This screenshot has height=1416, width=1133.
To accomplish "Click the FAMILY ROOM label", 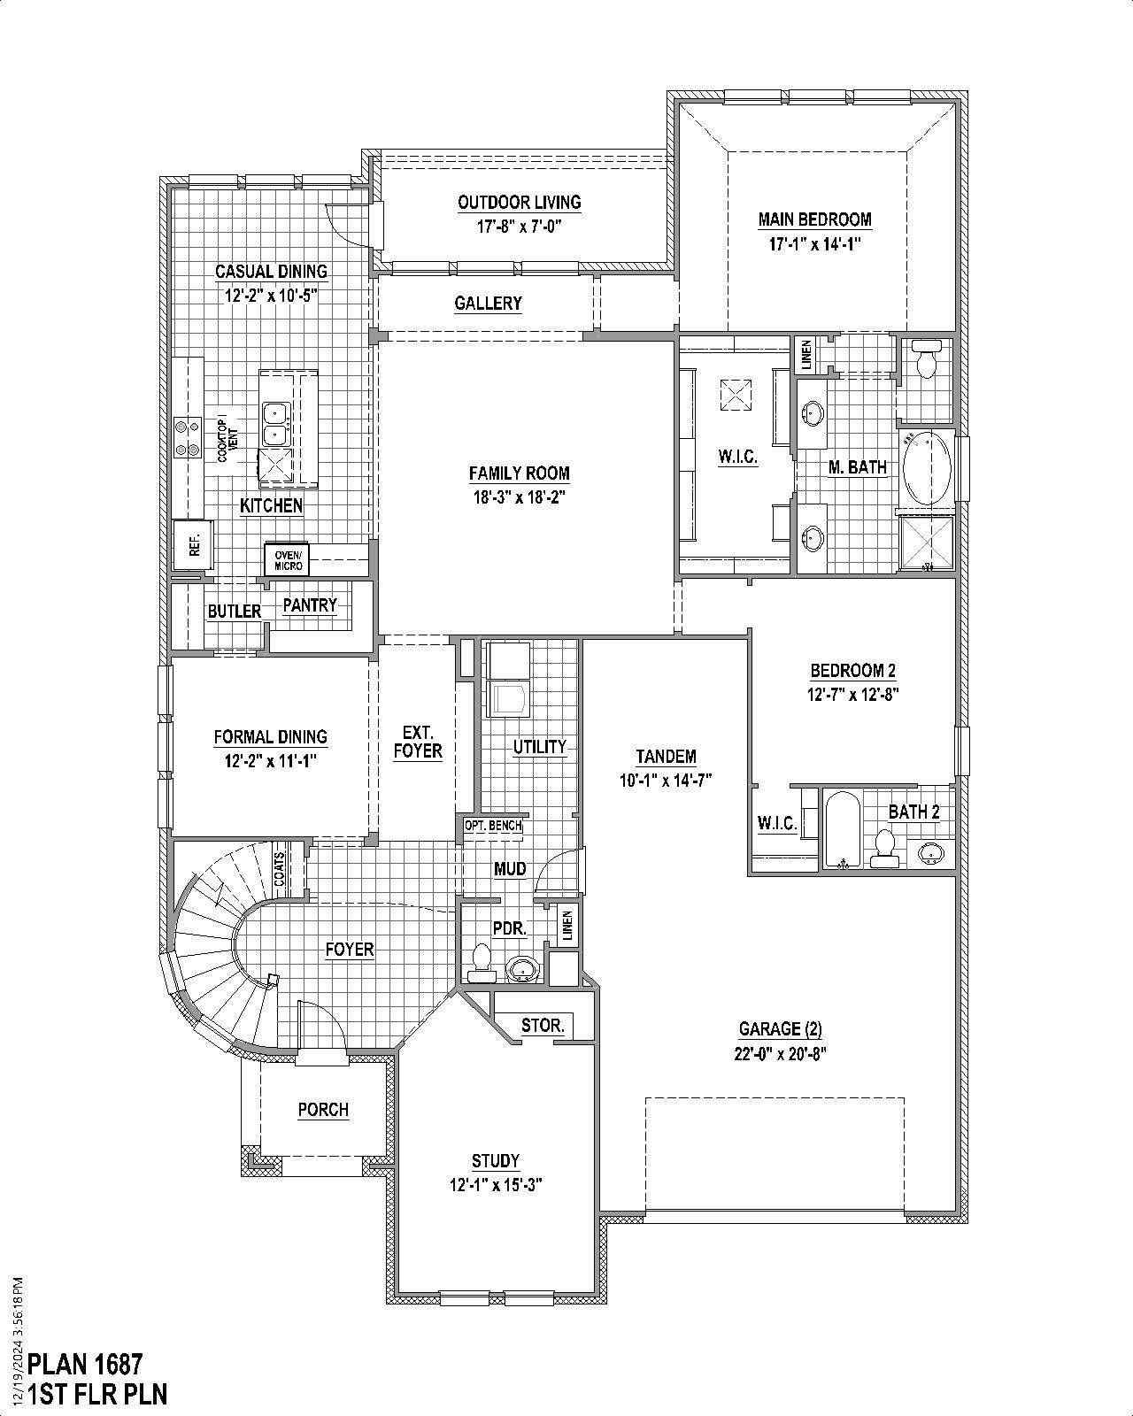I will coord(519,473).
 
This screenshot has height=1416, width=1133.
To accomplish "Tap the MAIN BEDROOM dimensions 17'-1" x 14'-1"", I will coord(814,243).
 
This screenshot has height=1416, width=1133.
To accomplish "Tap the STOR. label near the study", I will coord(543,1026).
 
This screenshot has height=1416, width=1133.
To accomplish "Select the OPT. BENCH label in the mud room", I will coord(493,825).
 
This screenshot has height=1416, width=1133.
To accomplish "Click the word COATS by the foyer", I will coord(280,869).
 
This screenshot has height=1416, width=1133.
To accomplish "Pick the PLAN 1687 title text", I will coord(85,1363).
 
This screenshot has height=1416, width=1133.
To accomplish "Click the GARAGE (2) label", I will coord(781,1029).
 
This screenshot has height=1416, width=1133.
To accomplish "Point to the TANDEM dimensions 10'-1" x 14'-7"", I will coord(666,780).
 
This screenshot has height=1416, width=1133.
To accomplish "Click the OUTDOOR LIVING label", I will coord(520,203).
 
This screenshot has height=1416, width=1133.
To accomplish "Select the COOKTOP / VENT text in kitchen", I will coord(227,438).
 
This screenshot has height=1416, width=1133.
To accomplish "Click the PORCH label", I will coord(323,1110).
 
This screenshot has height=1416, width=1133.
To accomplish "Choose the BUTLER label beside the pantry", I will coord(235,612).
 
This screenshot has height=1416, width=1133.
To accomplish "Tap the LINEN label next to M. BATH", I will coord(805,355).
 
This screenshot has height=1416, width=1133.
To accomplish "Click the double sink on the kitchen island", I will coord(275,423).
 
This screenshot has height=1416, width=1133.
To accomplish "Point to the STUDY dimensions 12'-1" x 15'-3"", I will coord(495,1184).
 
